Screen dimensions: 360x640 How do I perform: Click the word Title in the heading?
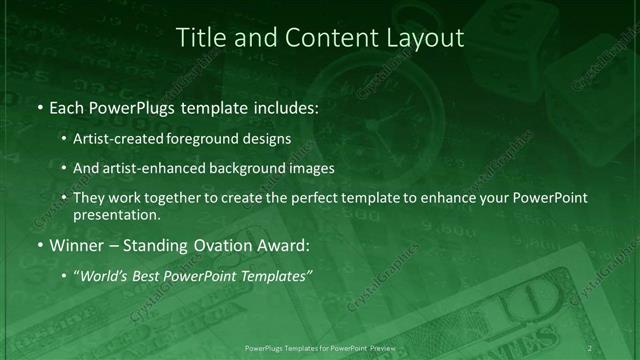pos(200,38)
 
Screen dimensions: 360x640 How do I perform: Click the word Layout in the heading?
pos(427,38)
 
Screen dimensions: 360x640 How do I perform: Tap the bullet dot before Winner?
pos(39,245)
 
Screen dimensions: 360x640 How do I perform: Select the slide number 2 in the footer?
pos(590,347)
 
